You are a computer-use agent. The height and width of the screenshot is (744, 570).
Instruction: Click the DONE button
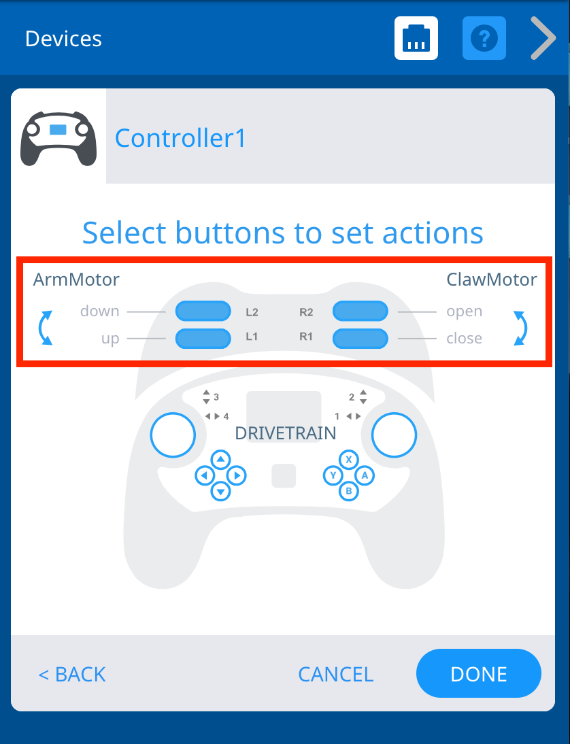tap(478, 673)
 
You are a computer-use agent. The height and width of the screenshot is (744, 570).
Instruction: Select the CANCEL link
tap(335, 674)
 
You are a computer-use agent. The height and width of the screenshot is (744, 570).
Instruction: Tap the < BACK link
tap(72, 674)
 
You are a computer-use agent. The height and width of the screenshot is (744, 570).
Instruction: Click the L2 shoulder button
tap(203, 311)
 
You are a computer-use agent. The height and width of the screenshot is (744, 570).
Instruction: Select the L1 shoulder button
tap(203, 338)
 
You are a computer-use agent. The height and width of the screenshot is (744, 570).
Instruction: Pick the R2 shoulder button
tap(360, 311)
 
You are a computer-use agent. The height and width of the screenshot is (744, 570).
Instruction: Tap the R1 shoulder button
tap(360, 338)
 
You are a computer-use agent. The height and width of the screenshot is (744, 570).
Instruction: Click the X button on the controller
tap(349, 460)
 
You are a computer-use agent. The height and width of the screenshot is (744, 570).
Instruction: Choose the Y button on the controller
tap(333, 475)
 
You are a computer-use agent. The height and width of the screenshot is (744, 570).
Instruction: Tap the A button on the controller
tap(365, 475)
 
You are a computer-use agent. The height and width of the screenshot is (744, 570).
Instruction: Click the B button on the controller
tap(349, 490)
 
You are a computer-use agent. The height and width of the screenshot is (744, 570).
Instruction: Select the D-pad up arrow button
tap(220, 460)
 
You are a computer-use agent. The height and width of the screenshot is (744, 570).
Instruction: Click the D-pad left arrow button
tap(205, 475)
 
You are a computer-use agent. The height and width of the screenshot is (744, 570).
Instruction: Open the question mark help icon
tap(484, 38)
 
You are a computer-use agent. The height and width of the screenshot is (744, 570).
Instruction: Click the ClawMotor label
tap(491, 279)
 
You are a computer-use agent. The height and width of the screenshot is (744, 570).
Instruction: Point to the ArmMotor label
tap(76, 279)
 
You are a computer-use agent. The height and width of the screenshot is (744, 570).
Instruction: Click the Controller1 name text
tap(180, 138)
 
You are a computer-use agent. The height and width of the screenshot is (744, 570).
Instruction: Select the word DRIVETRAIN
tap(285, 433)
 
